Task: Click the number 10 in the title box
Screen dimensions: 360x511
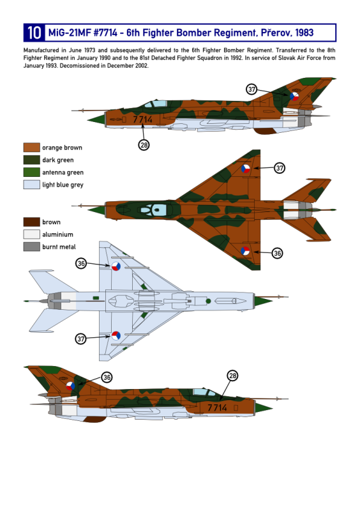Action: click(34, 33)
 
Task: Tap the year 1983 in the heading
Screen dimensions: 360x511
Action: click(304, 33)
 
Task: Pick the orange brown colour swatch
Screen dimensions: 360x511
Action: click(32, 148)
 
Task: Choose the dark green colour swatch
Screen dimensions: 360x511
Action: click(32, 160)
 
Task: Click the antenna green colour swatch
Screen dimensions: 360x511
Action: click(32, 172)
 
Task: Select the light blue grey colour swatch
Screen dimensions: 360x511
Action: click(32, 185)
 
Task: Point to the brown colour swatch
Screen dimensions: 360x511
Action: click(32, 222)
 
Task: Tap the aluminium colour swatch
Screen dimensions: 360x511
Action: click(32, 234)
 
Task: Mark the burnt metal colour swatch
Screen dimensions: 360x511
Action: click(32, 247)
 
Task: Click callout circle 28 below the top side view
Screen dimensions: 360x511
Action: click(144, 145)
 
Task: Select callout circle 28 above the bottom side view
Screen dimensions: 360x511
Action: click(232, 376)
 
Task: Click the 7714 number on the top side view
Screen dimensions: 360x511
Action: click(142, 119)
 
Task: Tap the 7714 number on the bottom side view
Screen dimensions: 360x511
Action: click(217, 408)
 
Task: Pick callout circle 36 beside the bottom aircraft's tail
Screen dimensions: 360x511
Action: click(107, 378)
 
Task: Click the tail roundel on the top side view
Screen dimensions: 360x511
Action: click(294, 96)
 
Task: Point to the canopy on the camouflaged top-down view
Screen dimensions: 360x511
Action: click(154, 210)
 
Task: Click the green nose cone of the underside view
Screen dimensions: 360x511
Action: click(263, 301)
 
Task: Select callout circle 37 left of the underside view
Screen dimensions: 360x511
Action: click(81, 339)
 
